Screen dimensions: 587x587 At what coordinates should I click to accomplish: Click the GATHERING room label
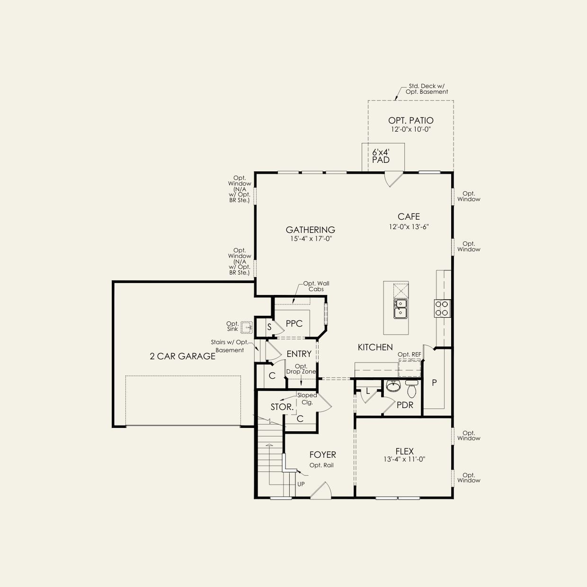tap(311, 230)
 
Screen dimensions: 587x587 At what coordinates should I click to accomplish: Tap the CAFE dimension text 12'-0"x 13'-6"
tap(409, 227)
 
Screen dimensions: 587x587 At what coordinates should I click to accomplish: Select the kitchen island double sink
tap(400, 309)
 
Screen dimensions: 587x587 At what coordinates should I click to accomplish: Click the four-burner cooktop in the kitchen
tap(442, 308)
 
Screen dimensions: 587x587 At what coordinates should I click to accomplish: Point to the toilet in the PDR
tap(411, 389)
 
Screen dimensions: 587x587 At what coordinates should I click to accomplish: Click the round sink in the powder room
tap(393, 386)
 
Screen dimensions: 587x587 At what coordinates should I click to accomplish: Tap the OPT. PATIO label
tap(410, 120)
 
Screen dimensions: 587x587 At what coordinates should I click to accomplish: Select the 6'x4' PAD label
tap(381, 156)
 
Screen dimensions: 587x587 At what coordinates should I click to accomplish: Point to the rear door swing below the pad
tap(393, 179)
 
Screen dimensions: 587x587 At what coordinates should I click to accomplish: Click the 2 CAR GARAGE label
tap(182, 356)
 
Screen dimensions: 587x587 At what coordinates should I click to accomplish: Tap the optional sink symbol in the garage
tap(246, 328)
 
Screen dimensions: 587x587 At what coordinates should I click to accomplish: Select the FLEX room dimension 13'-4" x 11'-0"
tap(405, 459)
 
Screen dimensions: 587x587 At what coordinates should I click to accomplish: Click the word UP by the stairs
tap(301, 484)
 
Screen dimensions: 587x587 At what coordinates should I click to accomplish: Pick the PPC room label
tap(294, 323)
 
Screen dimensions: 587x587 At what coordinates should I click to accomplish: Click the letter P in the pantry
tap(435, 383)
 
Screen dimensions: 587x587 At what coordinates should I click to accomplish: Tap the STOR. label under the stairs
tap(282, 407)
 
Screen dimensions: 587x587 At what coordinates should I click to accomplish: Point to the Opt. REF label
tap(409, 355)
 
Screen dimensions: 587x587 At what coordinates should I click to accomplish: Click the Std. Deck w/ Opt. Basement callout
tap(427, 89)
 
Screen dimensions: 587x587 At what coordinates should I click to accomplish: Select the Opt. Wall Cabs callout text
tap(316, 286)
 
